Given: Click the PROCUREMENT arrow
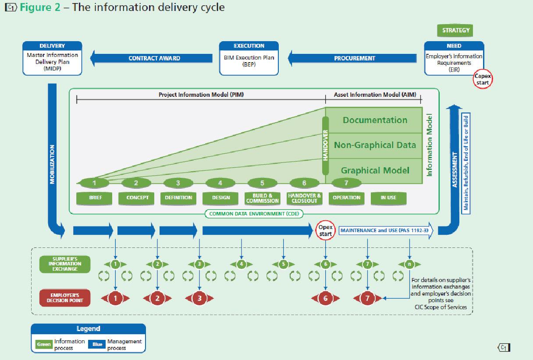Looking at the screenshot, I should point(354,58).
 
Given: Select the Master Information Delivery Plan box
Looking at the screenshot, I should point(52,61).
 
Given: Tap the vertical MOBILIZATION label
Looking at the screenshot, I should point(52,164).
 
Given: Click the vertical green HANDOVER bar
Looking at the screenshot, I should point(326,145).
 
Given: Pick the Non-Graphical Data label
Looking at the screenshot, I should point(375,145).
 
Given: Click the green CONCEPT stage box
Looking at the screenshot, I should point(137,198).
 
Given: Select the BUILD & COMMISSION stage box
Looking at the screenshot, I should point(263,198).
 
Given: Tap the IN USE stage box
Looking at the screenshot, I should point(388,198).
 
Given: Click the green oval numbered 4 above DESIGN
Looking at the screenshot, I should point(220,183).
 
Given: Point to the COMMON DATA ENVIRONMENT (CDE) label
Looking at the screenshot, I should point(254,214).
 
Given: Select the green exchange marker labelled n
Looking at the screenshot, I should point(409,264).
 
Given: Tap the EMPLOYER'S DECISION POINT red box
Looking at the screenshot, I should point(65,298).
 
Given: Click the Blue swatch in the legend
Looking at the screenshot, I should point(97,344).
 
